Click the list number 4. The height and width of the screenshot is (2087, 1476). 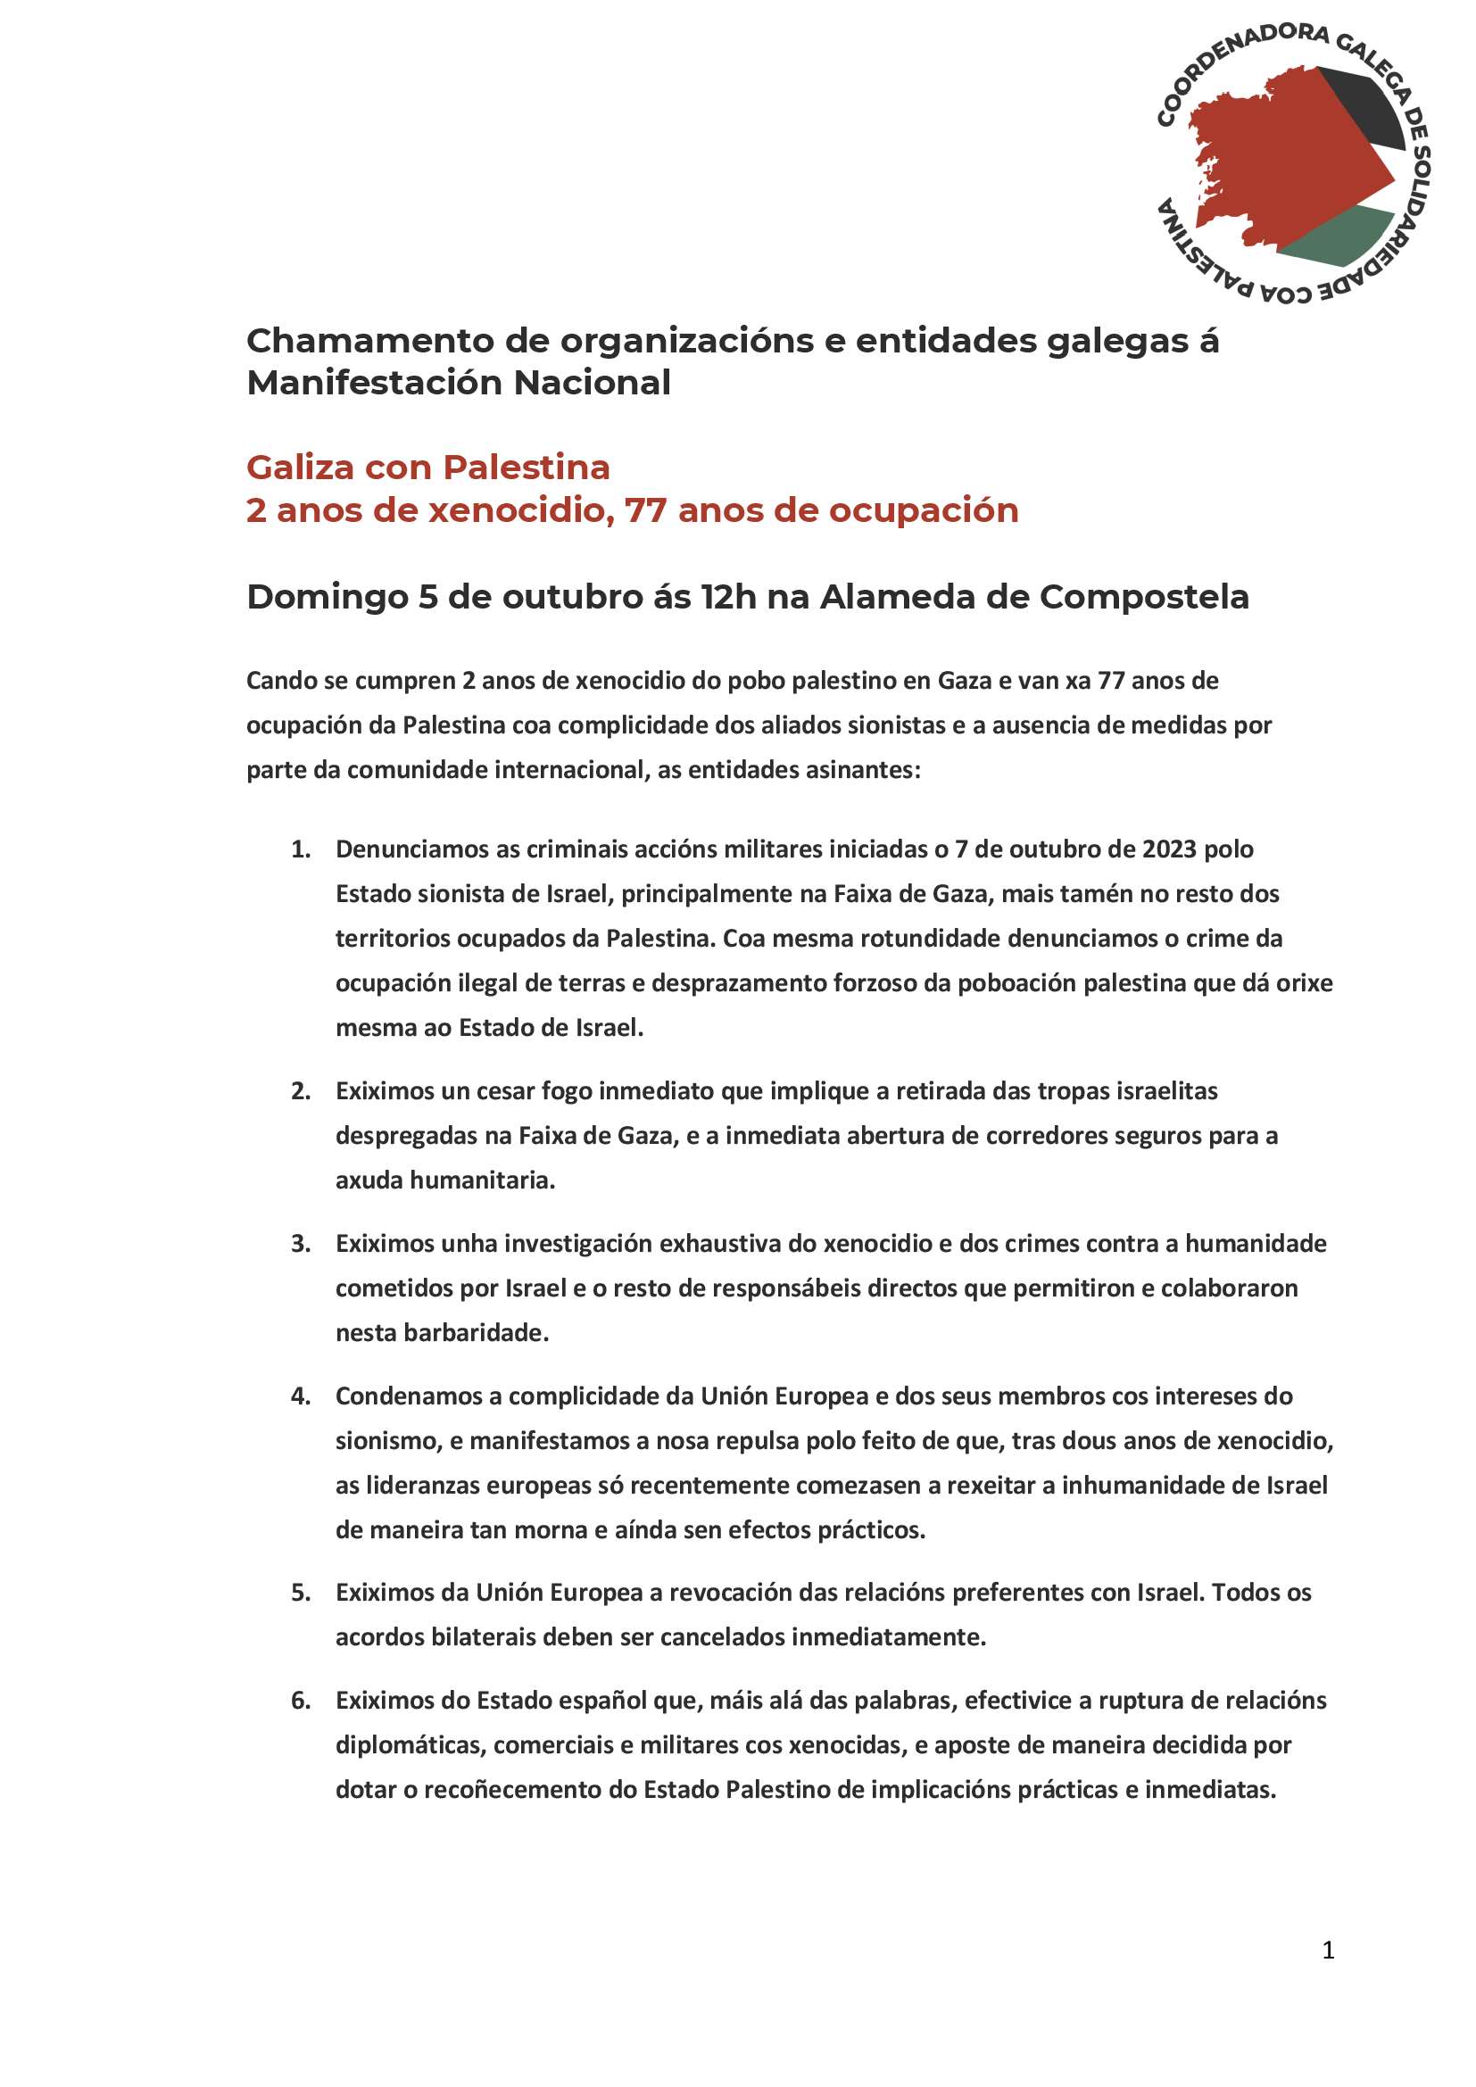(300, 1396)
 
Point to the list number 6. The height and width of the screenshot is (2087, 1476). (300, 1700)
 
